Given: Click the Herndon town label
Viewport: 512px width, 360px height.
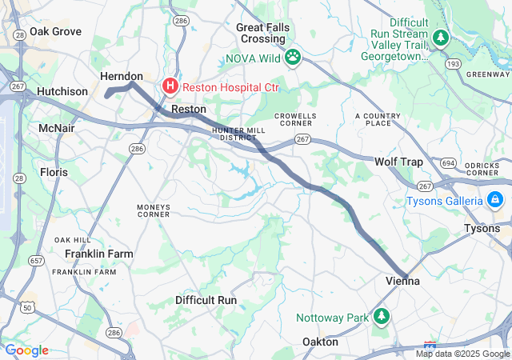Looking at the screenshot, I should coord(122,75).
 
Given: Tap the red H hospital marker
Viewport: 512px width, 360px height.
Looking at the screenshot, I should coord(170,86).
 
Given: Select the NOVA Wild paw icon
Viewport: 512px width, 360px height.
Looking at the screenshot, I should coord(293,57).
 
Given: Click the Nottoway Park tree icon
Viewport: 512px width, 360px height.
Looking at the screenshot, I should coord(382,317).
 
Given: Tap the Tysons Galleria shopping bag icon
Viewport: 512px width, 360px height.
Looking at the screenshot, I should coord(495,199).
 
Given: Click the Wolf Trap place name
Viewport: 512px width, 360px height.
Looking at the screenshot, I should coord(398,162).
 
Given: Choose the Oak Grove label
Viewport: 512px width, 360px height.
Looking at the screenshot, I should coord(55,31).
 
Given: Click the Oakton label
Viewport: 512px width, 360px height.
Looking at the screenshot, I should coord(319,342).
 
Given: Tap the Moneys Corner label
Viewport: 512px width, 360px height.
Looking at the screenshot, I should coord(154,210).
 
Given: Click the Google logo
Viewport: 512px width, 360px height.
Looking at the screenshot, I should coord(26,350).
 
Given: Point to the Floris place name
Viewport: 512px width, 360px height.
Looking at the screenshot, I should coord(54,172).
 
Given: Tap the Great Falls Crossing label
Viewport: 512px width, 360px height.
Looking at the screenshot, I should coord(263,33).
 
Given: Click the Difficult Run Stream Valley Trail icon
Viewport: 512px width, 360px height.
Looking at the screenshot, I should coord(440,37).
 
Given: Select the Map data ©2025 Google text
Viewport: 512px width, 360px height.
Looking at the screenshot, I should coord(462,354).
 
